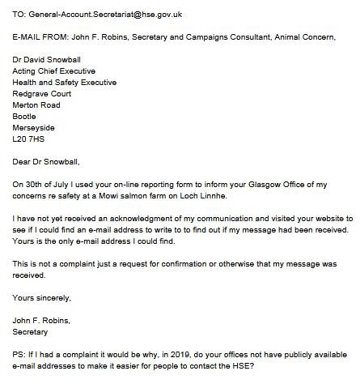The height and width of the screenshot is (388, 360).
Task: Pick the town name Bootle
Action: coord(25,116)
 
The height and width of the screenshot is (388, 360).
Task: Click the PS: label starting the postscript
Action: coord(21,354)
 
